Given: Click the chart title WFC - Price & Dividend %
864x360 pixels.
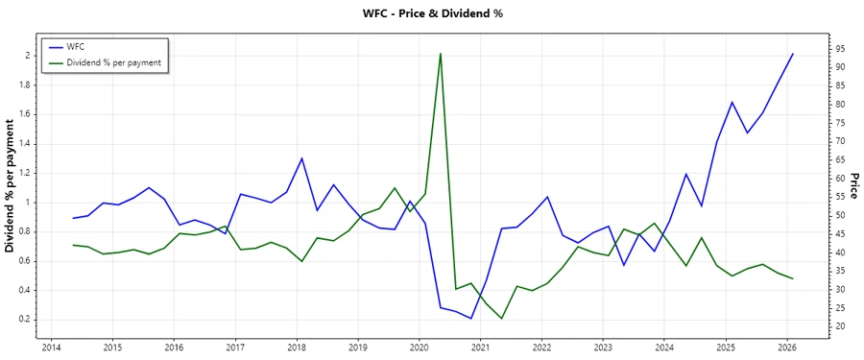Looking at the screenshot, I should point(431,13).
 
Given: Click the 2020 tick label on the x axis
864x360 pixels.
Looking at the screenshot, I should point(419,347).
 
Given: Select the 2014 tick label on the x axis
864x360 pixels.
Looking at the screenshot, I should point(51,347).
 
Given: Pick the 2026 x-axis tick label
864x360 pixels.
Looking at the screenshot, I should point(787,347).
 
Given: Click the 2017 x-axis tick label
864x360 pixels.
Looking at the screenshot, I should point(234,347).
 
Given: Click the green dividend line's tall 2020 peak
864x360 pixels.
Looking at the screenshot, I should point(440,54).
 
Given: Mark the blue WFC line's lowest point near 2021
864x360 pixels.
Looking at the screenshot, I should point(470,319).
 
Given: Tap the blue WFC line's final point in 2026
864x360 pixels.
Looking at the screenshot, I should point(793,54).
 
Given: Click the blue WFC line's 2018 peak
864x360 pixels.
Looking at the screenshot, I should point(301,157).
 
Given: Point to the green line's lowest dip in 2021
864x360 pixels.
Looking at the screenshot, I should point(501,319).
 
